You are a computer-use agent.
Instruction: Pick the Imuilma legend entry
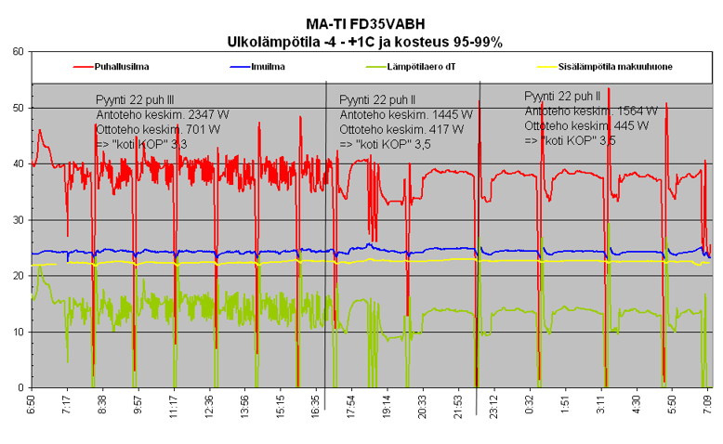pos(268,67)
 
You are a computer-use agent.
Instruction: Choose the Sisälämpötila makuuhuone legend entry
pos(616,67)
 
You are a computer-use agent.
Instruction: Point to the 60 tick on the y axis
pos(18,52)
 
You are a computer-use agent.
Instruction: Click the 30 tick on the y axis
pos(18,220)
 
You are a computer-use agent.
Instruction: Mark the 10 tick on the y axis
pos(18,332)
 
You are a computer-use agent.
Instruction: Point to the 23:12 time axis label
pos(490,406)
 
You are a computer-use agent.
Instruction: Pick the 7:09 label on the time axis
pos(708,404)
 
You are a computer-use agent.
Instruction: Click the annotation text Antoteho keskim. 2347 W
pos(163,114)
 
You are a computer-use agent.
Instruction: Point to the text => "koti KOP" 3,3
pos(141,145)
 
